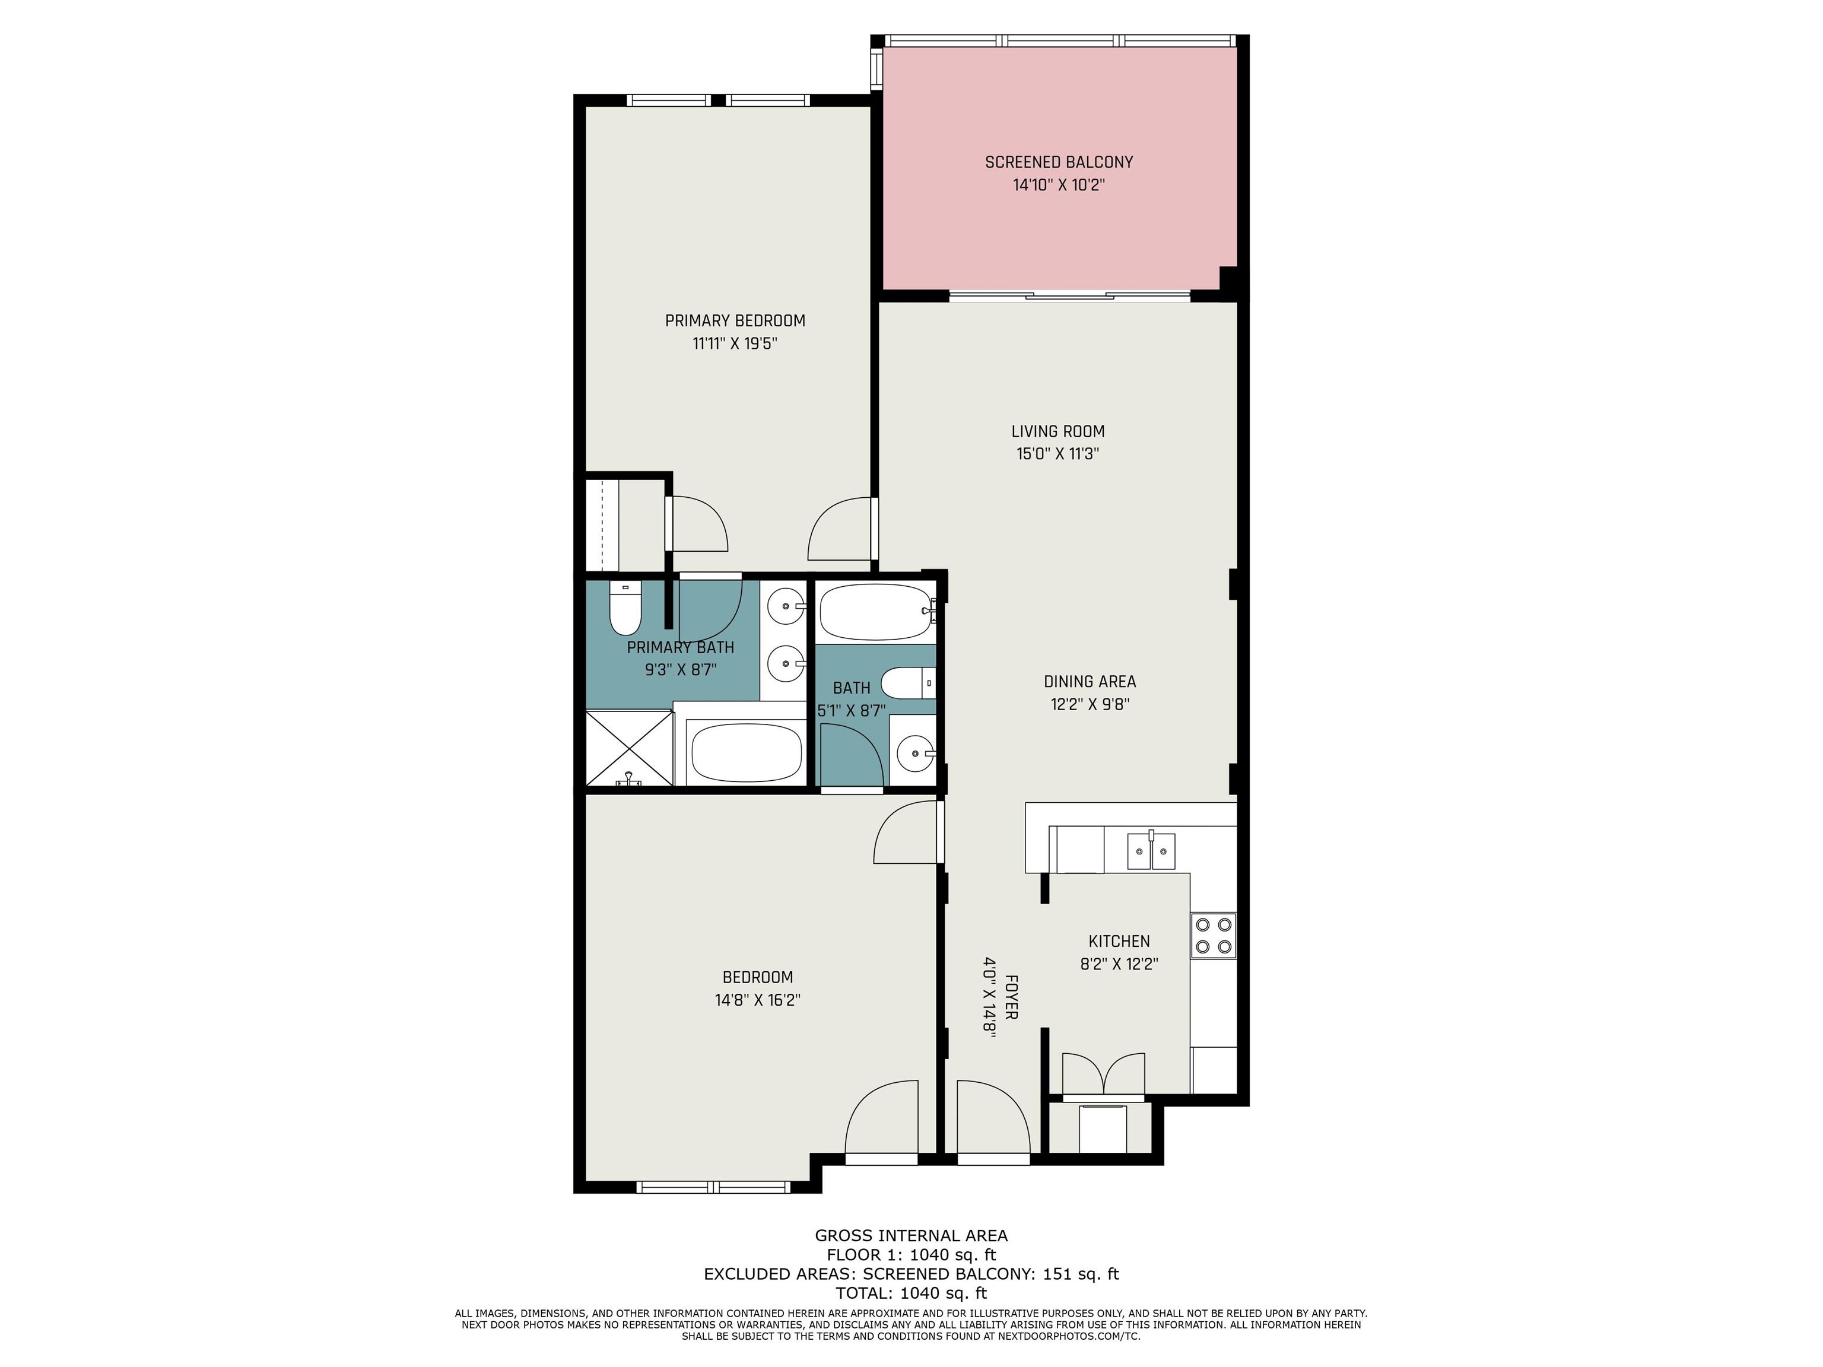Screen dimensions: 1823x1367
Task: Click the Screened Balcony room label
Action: pyautogui.click(x=1059, y=163)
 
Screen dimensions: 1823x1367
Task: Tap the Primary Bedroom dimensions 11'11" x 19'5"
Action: pyautogui.click(x=735, y=344)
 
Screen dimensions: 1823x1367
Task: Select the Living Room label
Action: pyautogui.click(x=1058, y=431)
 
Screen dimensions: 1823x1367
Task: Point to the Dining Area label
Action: pyautogui.click(x=1090, y=682)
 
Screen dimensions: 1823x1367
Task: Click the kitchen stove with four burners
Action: pyautogui.click(x=1213, y=935)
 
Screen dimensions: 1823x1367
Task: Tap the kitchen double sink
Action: pyautogui.click(x=1151, y=850)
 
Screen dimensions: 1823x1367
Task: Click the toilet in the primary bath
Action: pyautogui.click(x=625, y=608)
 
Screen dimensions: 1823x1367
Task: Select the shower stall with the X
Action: pyautogui.click(x=629, y=748)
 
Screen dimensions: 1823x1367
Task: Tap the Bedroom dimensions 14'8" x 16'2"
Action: pyautogui.click(x=757, y=1000)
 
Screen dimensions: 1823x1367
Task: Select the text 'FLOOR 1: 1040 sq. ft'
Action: pyautogui.click(x=911, y=1254)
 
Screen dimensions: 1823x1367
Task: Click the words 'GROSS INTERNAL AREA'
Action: pyautogui.click(x=911, y=1235)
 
